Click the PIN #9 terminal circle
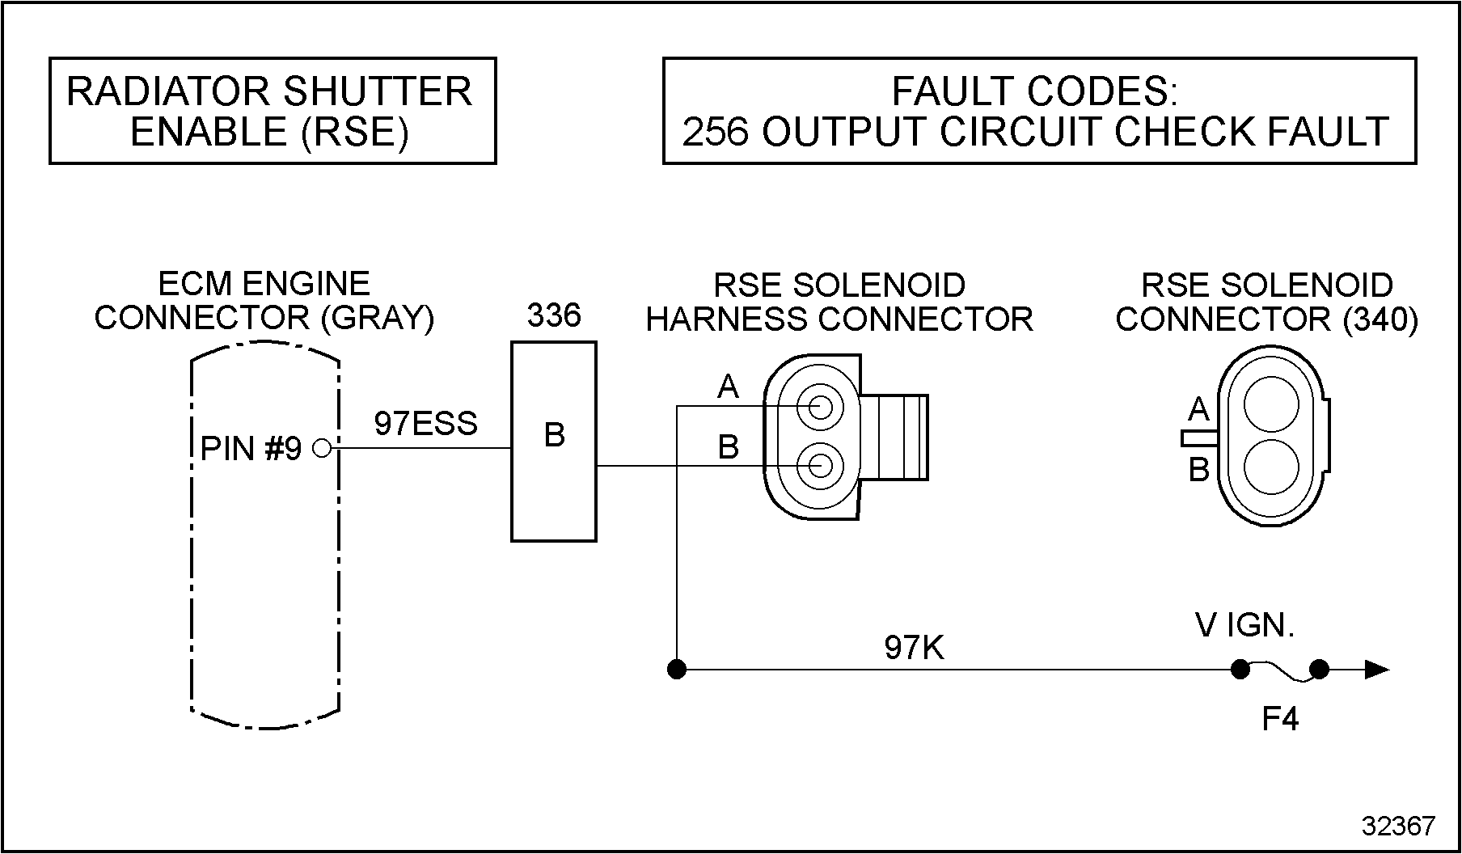point(322,447)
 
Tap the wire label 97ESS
point(425,424)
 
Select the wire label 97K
point(914,648)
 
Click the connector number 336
point(554,315)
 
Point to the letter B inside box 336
point(554,435)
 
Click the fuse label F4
point(1280,719)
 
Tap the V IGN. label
point(1244,625)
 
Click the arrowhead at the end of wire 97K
point(1377,670)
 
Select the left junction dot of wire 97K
point(677,670)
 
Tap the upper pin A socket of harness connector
point(820,406)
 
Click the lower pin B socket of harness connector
point(820,466)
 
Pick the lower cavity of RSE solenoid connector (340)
point(1271,467)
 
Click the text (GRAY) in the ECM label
point(378,318)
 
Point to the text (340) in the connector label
point(1380,319)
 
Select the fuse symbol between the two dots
point(1279,670)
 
